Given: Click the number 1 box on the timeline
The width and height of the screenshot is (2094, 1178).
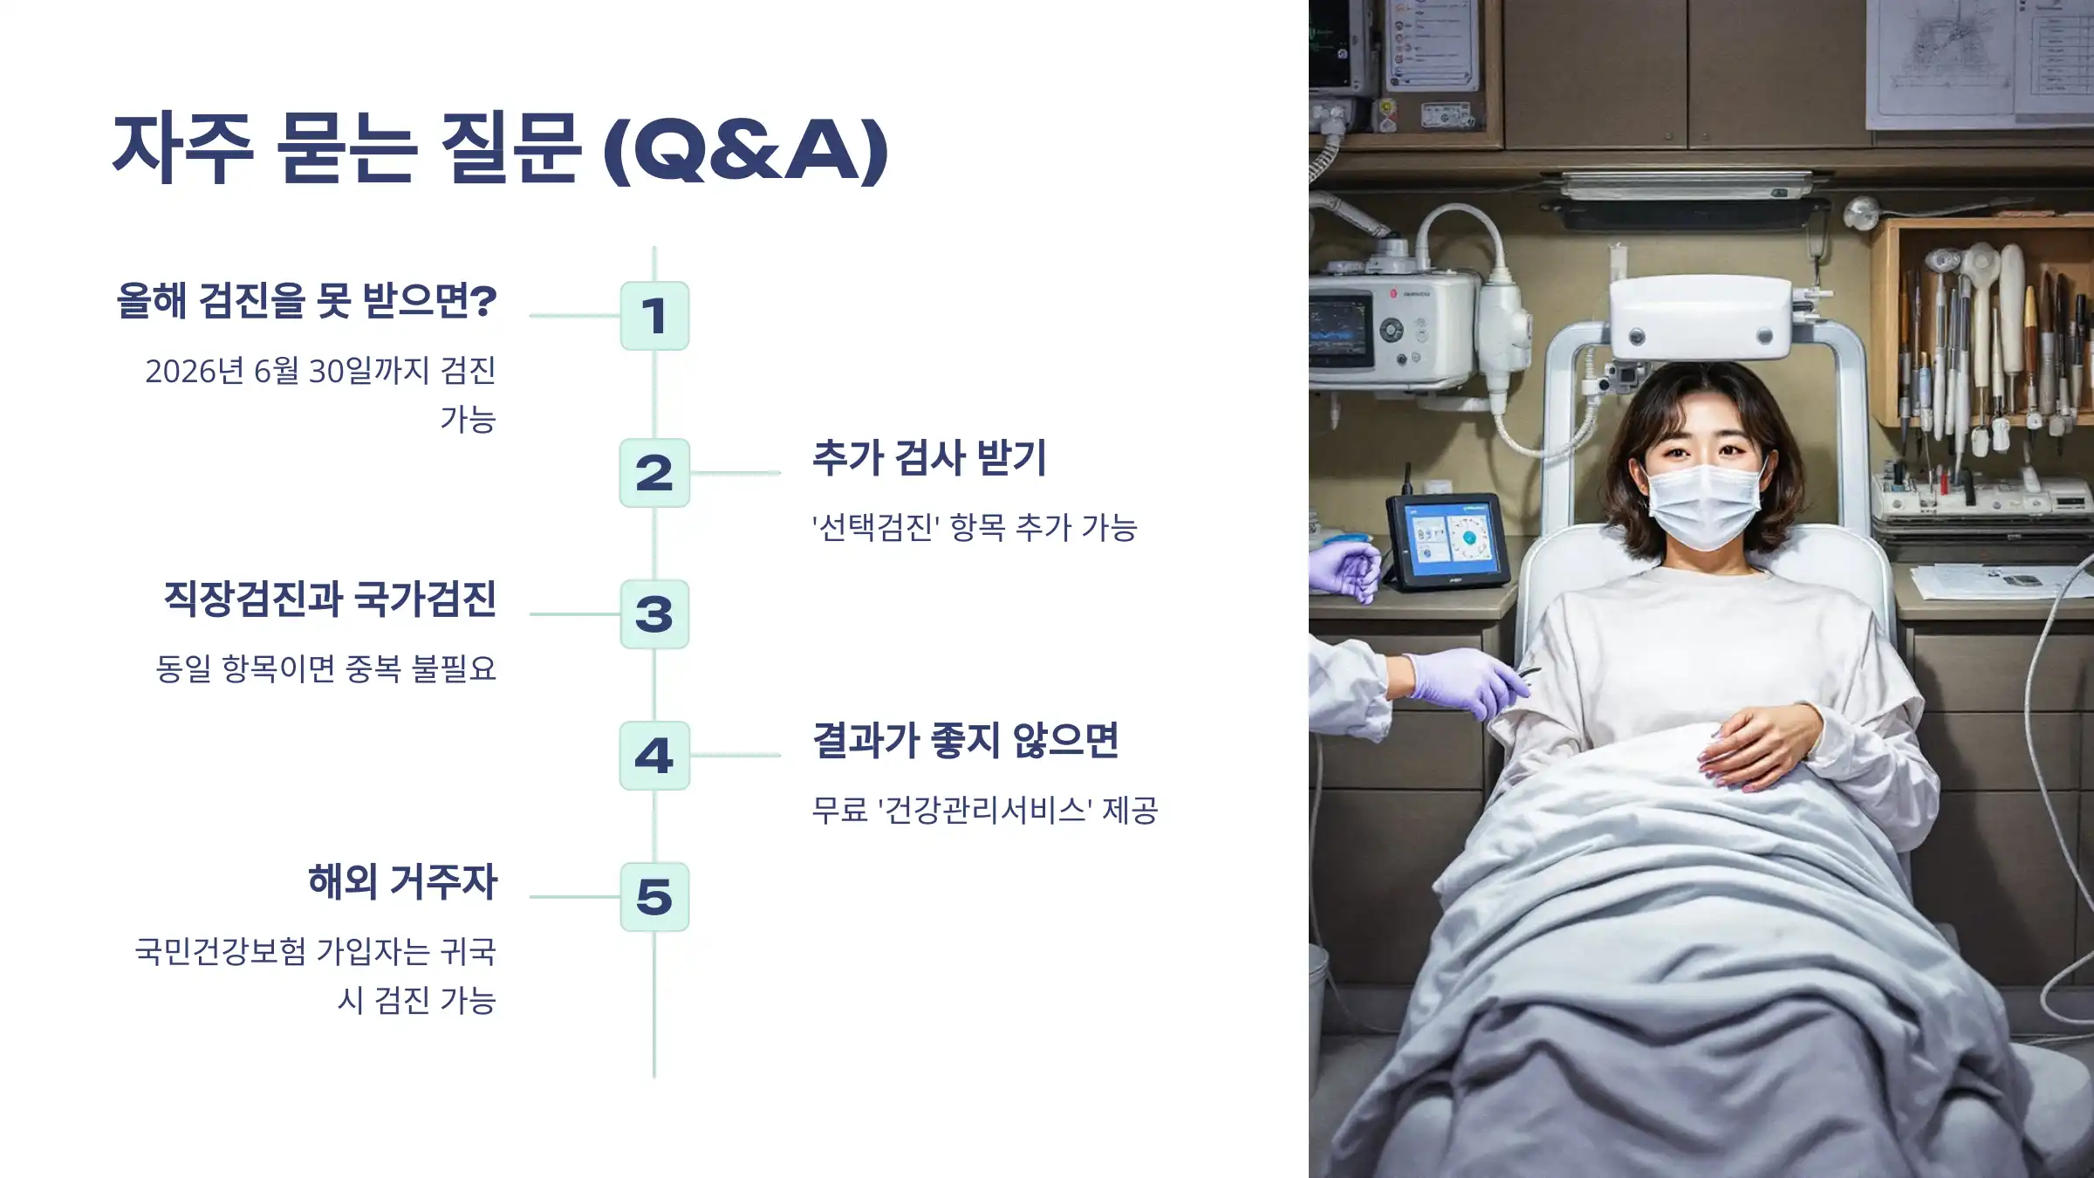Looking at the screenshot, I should pos(654,316).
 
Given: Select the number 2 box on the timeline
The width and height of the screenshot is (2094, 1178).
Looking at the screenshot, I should pos(654,473).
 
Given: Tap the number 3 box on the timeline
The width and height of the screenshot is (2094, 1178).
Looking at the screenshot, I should pos(654,614).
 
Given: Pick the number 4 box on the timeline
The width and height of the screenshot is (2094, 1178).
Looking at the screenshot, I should pos(654,756).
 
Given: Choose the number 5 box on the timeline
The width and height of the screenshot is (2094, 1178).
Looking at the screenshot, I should pos(654,897).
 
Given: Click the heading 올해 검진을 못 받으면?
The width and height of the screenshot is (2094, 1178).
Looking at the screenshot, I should pos(307,301).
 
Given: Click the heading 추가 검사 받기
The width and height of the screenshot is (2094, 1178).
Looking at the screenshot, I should pos(929,458).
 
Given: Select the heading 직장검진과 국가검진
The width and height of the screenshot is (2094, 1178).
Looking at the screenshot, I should pos(330,599).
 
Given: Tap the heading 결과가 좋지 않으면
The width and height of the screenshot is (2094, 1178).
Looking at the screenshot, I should pos(965,741).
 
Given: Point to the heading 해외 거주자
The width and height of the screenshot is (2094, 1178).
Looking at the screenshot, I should pos(402,881).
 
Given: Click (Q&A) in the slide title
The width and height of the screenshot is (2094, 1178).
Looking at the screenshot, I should pos(747,150).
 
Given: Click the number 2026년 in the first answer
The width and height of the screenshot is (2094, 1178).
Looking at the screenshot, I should pos(195,372).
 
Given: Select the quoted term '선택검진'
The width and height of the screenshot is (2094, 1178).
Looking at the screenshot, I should pos(876,528).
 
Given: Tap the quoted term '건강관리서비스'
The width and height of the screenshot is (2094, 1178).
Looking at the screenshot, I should pos(984,811).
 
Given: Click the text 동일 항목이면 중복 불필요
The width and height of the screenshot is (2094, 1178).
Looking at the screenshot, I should pos(325,669).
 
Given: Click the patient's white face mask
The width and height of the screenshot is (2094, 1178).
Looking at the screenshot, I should pos(1704,504).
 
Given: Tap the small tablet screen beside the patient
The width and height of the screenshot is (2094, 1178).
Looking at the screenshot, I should pos(1448,539).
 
